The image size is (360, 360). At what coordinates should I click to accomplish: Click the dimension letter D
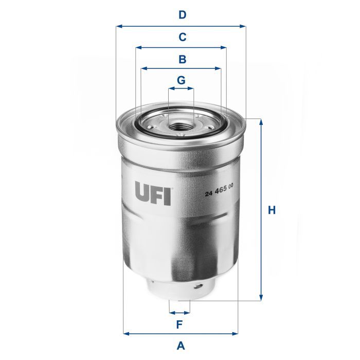click(182, 15)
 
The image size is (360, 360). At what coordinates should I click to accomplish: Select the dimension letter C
click(182, 37)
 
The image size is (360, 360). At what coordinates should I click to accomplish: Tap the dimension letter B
click(182, 59)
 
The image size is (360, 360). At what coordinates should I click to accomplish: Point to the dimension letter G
click(181, 80)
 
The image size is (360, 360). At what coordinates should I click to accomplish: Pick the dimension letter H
click(272, 210)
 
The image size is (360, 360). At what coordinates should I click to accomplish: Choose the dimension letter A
click(181, 346)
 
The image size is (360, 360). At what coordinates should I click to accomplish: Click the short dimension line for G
click(181, 88)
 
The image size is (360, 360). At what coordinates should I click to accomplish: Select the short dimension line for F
click(179, 312)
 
